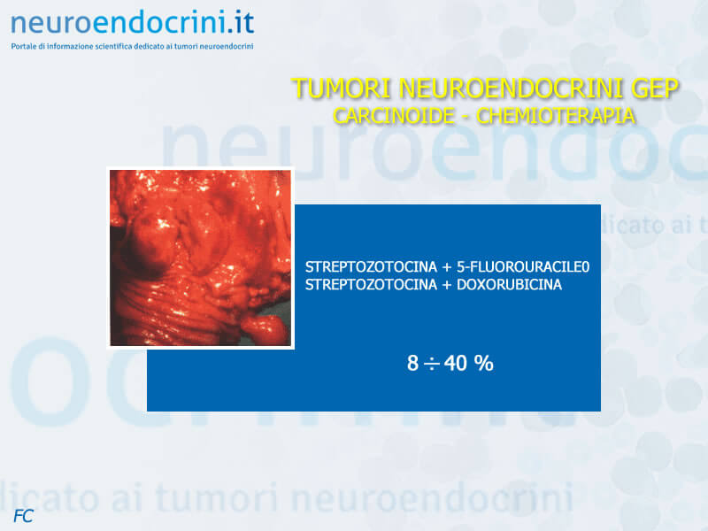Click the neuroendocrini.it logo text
tap(132, 23)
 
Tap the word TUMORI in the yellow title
tap(342, 88)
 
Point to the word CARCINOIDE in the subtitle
tap(394, 116)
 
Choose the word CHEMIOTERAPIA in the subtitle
tap(556, 116)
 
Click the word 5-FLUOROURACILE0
tap(523, 267)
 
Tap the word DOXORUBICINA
tap(510, 284)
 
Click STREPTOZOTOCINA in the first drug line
tap(371, 267)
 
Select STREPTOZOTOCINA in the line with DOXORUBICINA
tap(371, 284)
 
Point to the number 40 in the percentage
tap(455, 363)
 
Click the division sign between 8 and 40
tap(432, 364)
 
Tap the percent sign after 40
tap(483, 363)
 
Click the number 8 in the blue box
tap(412, 363)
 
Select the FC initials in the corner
tap(23, 516)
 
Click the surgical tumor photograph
tap(201, 258)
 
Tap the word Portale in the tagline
tap(23, 46)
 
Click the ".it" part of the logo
tap(240, 23)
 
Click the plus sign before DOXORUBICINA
tap(447, 285)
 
